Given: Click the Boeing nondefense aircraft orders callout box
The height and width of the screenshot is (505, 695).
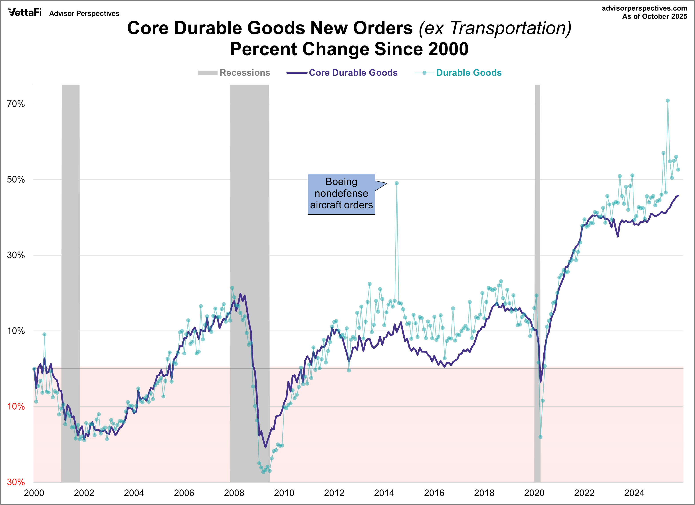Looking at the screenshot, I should [341, 194].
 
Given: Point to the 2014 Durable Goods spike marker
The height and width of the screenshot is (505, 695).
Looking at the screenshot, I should [396, 183].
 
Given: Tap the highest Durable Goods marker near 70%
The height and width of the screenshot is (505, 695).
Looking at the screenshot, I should [667, 101].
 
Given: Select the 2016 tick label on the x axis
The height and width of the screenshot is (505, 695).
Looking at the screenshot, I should [434, 493].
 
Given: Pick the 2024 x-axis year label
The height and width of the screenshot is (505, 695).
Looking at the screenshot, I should [634, 493].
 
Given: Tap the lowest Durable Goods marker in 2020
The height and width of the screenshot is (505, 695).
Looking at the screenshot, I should [540, 437].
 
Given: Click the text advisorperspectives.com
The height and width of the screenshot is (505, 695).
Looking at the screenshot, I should [644, 8].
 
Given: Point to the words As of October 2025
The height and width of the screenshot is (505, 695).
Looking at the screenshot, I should [655, 17].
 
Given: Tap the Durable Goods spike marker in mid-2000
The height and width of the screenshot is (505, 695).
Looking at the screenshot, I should [44, 334].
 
